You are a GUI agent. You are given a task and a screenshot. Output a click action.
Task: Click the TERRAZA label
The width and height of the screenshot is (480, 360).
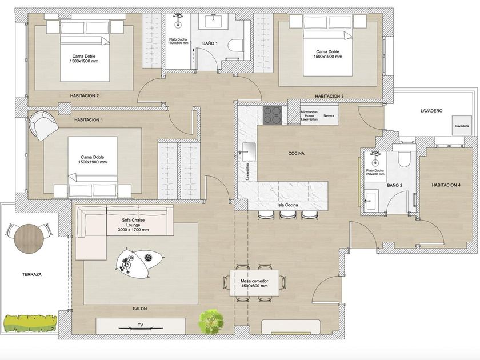coord(32,275)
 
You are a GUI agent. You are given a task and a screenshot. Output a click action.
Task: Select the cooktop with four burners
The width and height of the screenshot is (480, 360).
coord(273,115)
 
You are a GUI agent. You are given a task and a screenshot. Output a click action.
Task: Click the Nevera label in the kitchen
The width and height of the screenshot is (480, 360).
coord(329,115)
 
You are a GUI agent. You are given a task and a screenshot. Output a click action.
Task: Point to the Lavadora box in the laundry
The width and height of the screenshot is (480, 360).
coord(462,126)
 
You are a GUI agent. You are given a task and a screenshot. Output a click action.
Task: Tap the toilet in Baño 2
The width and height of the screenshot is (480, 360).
coord(404,159)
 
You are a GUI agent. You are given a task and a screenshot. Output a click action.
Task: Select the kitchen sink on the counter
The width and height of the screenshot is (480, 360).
coord(249,151)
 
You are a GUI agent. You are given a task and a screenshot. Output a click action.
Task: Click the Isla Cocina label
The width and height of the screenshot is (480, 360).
coord(288,205)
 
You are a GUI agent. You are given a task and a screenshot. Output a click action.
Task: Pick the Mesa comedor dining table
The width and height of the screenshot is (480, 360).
coord(254,283)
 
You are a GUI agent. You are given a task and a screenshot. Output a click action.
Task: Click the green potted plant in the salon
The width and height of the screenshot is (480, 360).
coord(211,321)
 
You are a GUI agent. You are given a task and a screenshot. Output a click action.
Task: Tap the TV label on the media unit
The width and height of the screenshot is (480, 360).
coord(141,325)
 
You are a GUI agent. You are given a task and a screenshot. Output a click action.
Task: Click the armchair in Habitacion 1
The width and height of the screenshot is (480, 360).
coord(43,126)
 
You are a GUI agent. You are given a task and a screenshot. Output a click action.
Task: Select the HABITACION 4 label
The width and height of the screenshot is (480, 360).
coord(446,185)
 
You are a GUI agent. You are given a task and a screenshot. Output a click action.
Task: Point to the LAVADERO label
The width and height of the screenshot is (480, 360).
coord(431,111)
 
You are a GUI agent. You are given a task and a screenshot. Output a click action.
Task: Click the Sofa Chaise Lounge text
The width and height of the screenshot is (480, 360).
coord(133,225)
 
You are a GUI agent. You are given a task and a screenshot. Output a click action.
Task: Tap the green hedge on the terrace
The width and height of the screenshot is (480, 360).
coord(31,323)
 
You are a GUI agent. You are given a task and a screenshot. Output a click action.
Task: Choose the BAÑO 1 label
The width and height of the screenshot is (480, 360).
coord(210,43)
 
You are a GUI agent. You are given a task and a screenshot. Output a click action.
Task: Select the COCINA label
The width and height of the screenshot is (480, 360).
coord(297,153)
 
